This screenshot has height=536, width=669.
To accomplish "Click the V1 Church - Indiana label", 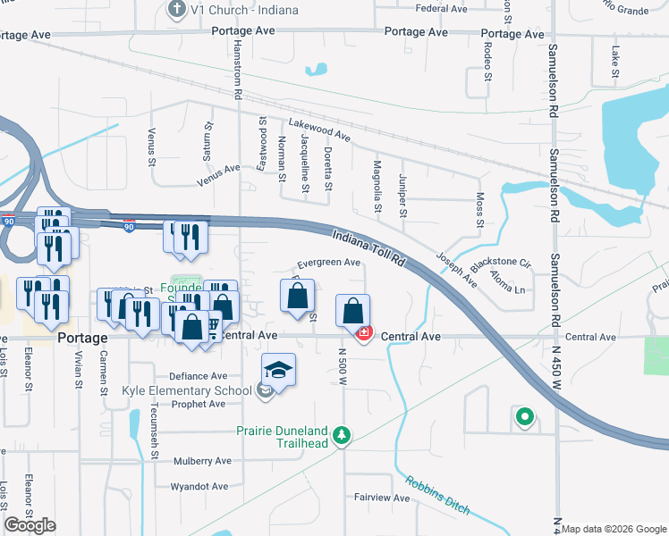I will (x=238, y=10).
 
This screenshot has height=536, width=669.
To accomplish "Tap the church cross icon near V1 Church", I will (x=177, y=10).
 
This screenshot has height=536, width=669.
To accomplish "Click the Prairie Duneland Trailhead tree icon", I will (x=341, y=435).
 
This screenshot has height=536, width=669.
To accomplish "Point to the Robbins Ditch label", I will (x=437, y=495).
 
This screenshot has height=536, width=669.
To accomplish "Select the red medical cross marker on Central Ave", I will (x=364, y=333).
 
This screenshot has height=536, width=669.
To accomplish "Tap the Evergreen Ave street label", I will (x=328, y=264).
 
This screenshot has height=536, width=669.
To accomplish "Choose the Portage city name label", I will (x=82, y=339).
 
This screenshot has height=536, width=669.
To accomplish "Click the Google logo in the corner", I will (x=30, y=525).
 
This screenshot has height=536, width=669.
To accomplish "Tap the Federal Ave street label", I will (x=442, y=9).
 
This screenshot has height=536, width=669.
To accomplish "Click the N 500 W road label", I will (x=343, y=366).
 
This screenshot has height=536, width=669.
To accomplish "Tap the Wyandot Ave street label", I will (x=199, y=487).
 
